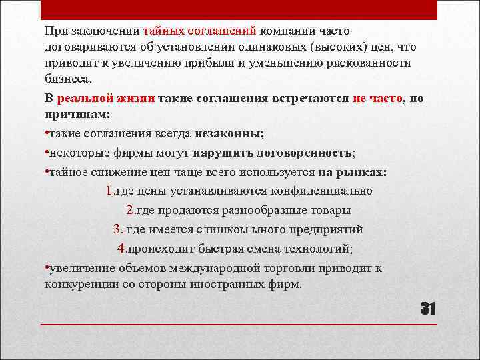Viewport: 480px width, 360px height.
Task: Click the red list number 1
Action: (109, 191)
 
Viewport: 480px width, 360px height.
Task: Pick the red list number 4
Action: (121, 249)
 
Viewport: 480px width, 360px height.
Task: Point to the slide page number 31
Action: (427, 309)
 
